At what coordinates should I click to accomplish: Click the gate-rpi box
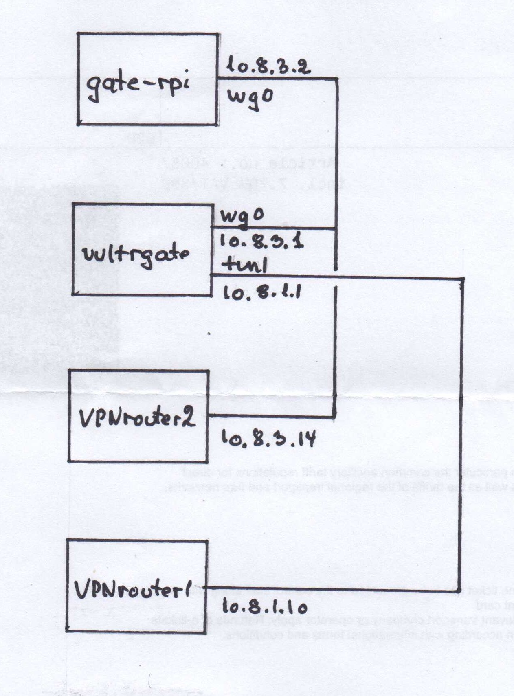147,79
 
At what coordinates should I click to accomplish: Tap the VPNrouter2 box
138,416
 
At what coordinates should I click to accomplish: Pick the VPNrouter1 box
137,586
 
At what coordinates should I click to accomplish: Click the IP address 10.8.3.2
268,65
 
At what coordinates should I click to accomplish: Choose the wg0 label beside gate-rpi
249,97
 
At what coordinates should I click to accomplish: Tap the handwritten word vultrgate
136,255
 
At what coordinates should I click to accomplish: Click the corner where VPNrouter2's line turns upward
335,417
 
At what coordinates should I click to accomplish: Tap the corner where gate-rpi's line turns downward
337,78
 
